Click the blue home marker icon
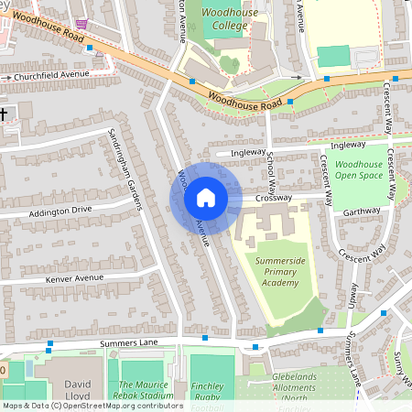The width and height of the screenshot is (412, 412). click(206, 198)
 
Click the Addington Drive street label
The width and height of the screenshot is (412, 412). click(60, 211)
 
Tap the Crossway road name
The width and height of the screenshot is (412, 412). click(273, 198)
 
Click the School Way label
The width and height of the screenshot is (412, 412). click(271, 165)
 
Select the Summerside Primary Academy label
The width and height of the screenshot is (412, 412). click(279, 272)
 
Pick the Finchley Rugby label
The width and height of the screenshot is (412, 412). click(212, 394)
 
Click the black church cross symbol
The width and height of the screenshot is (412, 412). click(4, 114)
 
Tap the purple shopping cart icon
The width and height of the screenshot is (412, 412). click(83, 22)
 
